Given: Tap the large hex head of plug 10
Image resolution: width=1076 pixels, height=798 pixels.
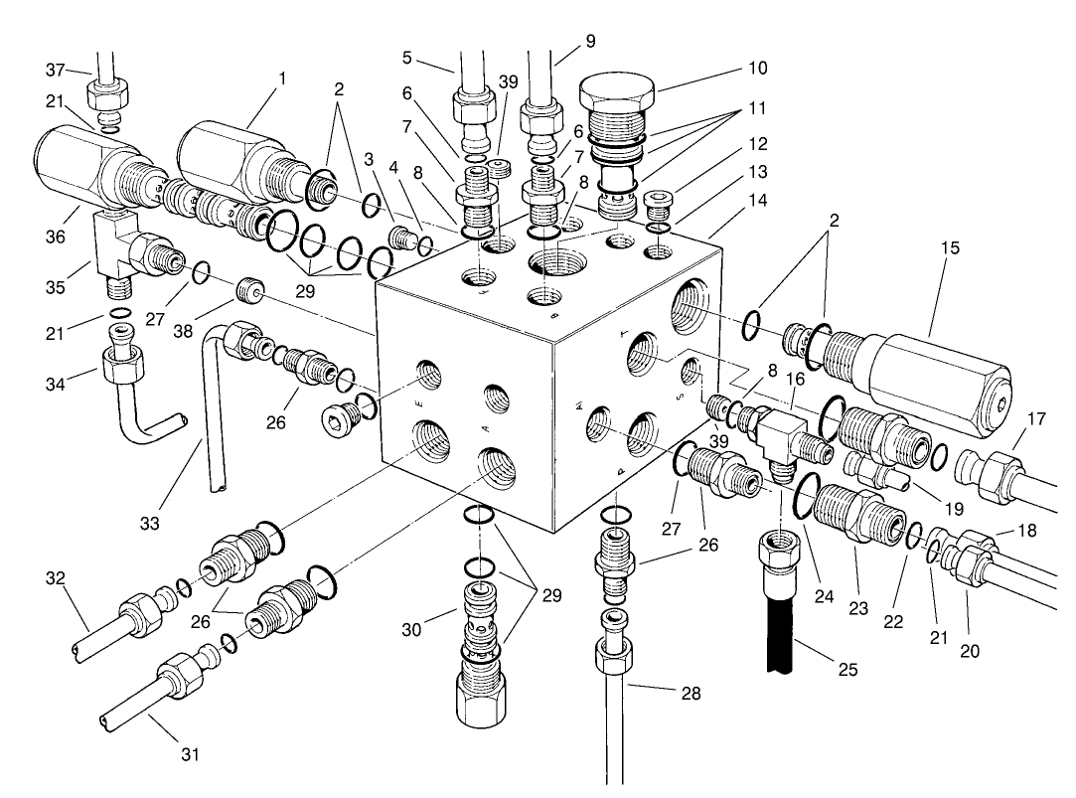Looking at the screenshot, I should click(x=617, y=94).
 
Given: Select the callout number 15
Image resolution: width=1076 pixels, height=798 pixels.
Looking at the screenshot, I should click(x=950, y=247).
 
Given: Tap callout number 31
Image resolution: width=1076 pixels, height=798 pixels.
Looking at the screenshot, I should click(x=190, y=754).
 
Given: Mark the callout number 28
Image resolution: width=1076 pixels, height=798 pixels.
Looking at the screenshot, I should click(x=691, y=694).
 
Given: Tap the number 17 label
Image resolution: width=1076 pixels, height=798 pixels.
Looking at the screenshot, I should click(x=1036, y=419).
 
